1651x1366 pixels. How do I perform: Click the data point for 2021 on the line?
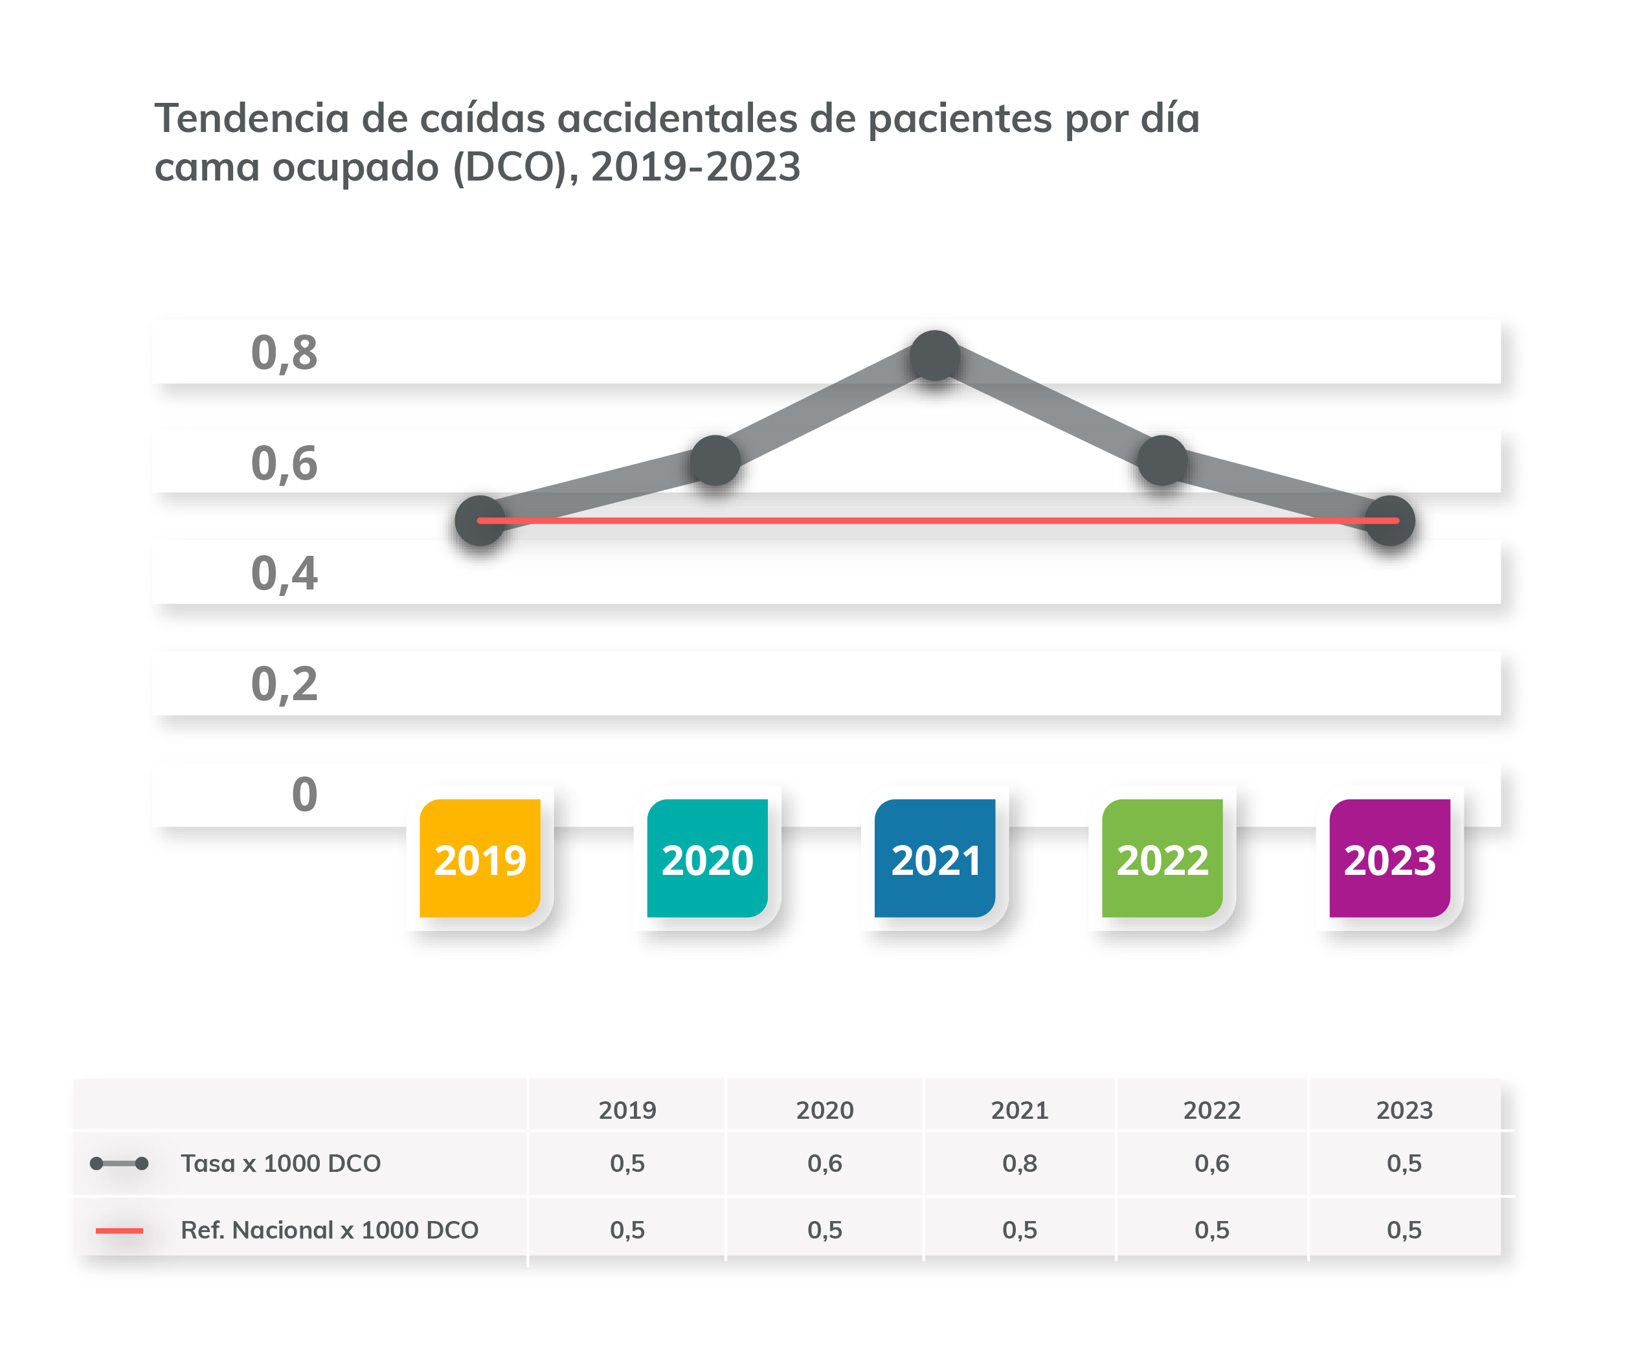[x=935, y=356]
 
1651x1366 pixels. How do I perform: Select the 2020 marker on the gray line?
[x=715, y=461]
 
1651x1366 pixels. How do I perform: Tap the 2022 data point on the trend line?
[x=1162, y=461]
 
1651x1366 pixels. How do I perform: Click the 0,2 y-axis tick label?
[x=284, y=684]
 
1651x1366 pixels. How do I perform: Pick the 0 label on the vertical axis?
[x=304, y=794]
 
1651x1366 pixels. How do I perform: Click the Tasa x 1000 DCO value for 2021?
[x=1019, y=1163]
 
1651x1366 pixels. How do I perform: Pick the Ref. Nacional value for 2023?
[x=1404, y=1230]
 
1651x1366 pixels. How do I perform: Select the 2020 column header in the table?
[x=824, y=1110]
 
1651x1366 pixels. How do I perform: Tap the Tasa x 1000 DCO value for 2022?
[x=1211, y=1163]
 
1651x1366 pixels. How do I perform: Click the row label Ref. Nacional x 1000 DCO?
[x=330, y=1230]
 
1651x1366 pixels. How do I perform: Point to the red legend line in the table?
[x=118, y=1231]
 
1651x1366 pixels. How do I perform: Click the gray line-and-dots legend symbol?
[x=118, y=1163]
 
